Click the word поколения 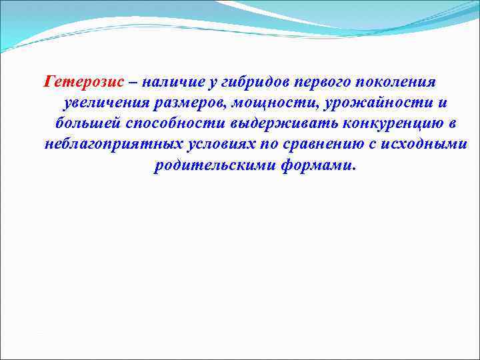coord(398,82)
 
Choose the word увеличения coord(108,103)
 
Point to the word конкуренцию coord(385,124)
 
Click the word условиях coord(219,145)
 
